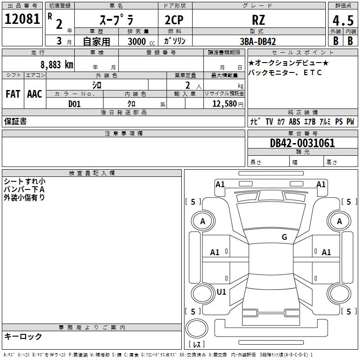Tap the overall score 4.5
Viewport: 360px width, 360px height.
pos(343,20)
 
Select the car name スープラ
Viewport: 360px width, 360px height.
pos(115,20)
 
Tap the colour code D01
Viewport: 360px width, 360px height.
pos(75,104)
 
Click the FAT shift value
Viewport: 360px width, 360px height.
pos(13,94)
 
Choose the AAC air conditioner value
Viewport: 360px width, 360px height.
pos(35,94)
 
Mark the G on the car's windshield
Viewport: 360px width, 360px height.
pos(284,237)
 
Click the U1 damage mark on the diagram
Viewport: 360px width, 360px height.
pos(221,292)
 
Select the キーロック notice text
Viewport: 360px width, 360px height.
pos(23,337)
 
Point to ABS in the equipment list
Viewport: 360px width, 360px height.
pos(294,122)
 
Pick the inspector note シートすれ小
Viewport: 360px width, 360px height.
pos(24,181)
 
